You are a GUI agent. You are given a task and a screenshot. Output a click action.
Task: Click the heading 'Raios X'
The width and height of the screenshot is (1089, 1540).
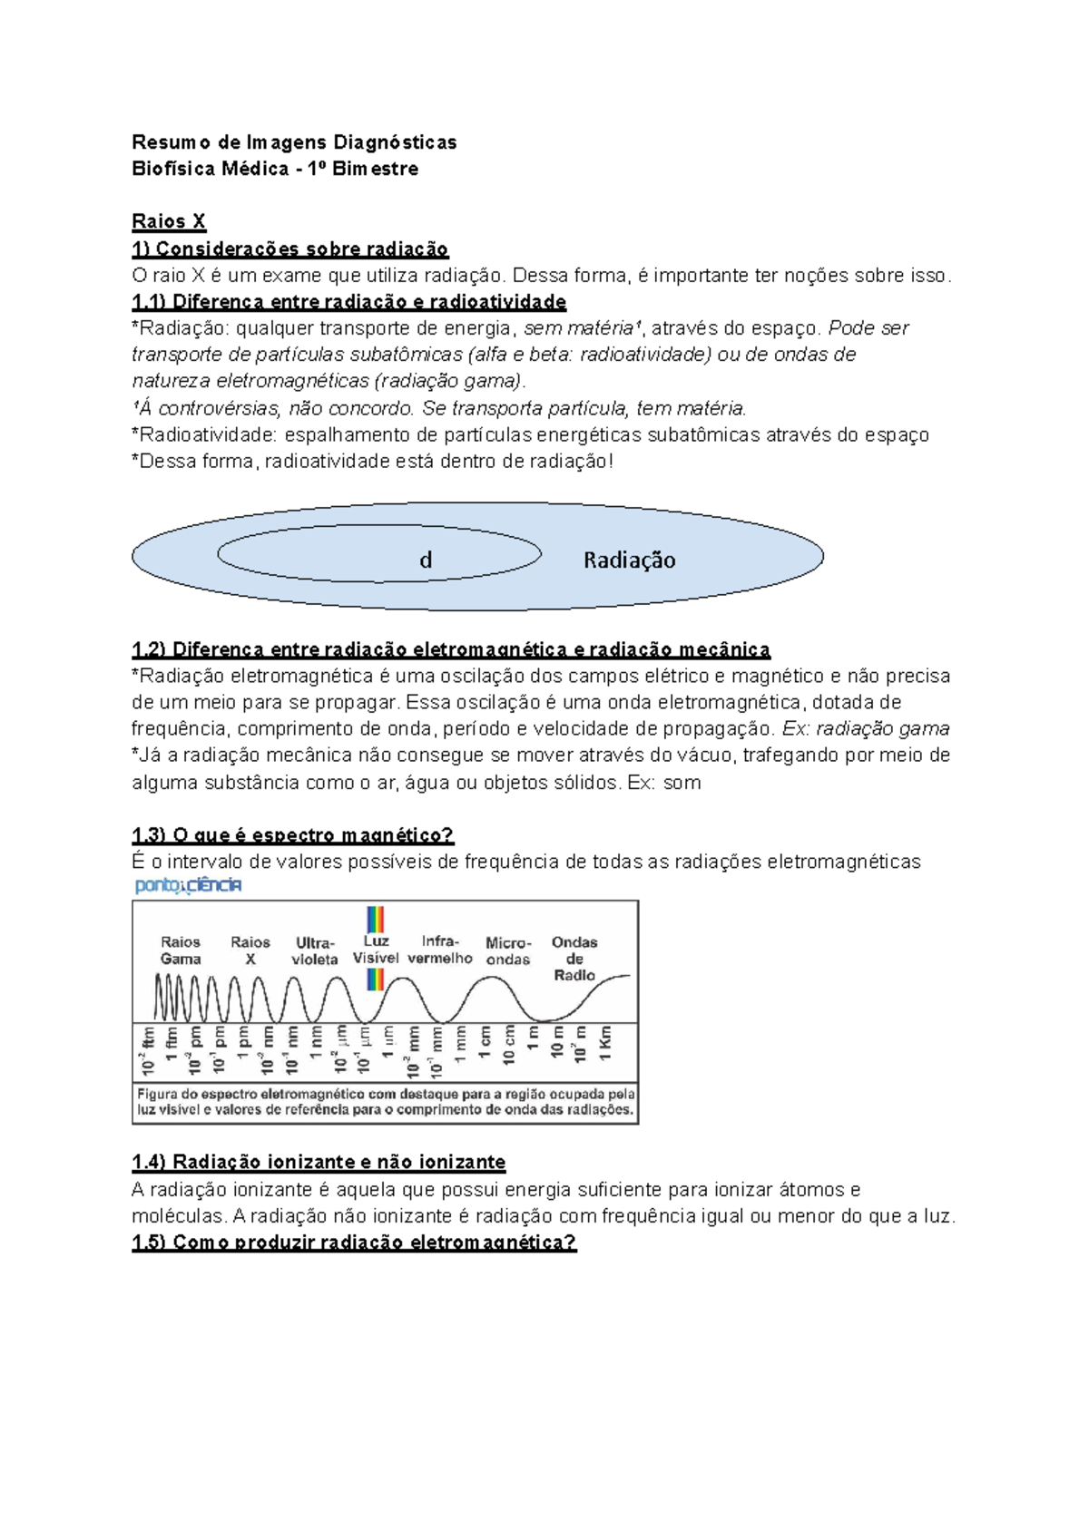click(x=169, y=221)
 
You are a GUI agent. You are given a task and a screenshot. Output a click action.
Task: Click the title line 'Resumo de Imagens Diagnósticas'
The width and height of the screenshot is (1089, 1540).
click(x=294, y=142)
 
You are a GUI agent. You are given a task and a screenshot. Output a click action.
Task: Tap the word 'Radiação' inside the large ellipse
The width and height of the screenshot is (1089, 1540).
click(x=629, y=560)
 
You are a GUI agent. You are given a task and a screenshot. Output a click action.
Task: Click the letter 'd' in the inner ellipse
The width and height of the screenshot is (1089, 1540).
click(x=426, y=560)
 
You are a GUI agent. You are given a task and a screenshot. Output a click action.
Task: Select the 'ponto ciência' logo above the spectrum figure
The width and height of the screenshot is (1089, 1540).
click(x=188, y=885)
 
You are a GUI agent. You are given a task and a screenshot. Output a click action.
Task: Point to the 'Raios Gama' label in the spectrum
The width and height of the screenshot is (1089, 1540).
click(x=181, y=950)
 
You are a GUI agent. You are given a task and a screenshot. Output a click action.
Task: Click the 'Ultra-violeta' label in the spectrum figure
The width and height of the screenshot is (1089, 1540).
click(x=315, y=950)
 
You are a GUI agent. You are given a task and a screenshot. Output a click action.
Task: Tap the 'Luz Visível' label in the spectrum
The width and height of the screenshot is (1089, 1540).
click(x=376, y=950)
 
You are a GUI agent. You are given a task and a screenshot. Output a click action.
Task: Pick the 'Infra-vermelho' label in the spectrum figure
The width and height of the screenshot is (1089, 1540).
click(x=440, y=950)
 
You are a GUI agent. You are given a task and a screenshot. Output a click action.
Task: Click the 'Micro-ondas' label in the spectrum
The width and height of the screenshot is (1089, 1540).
click(x=508, y=950)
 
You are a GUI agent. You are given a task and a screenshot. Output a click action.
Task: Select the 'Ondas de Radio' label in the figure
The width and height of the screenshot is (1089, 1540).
click(x=574, y=959)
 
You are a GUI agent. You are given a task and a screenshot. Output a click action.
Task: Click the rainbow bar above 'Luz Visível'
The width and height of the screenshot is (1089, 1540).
click(x=375, y=919)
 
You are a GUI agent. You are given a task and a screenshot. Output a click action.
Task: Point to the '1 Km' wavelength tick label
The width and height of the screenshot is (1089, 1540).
click(x=605, y=1044)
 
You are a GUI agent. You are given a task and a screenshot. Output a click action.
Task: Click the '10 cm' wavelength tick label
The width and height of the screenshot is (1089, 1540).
click(x=509, y=1046)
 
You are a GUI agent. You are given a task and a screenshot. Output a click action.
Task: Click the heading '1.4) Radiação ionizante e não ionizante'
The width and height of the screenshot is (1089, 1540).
click(x=319, y=1163)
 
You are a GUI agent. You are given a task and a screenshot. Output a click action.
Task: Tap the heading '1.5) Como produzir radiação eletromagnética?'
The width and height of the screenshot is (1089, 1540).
click(x=354, y=1243)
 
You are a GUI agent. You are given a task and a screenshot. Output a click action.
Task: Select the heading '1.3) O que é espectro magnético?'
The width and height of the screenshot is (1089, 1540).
click(x=292, y=835)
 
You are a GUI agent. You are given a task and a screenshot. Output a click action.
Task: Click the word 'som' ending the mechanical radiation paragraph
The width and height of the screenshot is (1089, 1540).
click(x=682, y=783)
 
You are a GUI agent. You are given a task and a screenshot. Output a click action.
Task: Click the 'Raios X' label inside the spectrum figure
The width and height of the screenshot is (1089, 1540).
click(x=250, y=950)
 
